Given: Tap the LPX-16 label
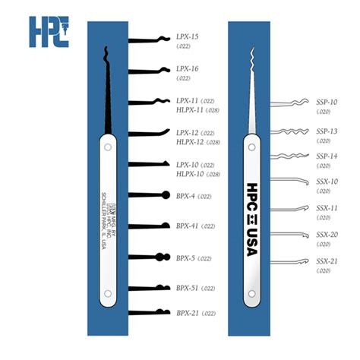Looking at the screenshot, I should coord(187,68).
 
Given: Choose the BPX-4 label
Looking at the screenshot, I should coord(186,196).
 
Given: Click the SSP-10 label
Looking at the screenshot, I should coord(327,102).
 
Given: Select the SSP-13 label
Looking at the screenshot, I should coord(327,131).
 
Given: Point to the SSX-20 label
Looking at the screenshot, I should coord(327,235).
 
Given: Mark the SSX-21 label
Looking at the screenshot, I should coord(327,261).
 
